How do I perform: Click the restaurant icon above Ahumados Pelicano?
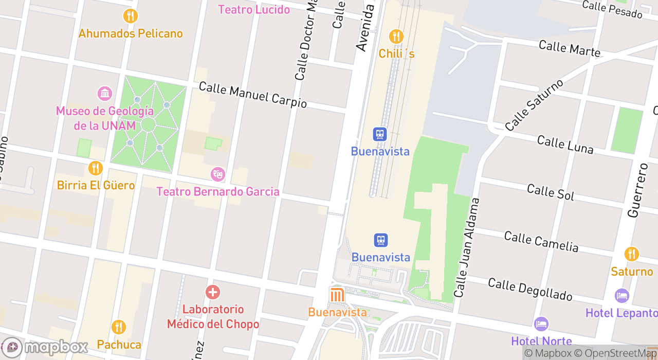(131, 16)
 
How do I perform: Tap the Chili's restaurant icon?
(396, 37)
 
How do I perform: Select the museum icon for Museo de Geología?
(105, 94)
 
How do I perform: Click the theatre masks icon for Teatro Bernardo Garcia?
(218, 174)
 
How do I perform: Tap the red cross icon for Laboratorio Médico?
(212, 292)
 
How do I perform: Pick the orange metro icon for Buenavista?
(337, 295)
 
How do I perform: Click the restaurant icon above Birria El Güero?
(96, 168)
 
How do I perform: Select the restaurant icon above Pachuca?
(119, 327)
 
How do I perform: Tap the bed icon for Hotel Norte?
(541, 324)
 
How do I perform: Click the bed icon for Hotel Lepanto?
(622, 296)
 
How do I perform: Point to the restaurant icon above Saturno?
(632, 254)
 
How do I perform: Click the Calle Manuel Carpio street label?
(252, 95)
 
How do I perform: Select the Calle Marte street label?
(569, 48)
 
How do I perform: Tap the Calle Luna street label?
(565, 145)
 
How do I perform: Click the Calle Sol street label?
(551, 191)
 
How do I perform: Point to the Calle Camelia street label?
(541, 241)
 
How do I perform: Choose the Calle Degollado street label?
(529, 290)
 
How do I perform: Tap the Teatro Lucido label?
(254, 9)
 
